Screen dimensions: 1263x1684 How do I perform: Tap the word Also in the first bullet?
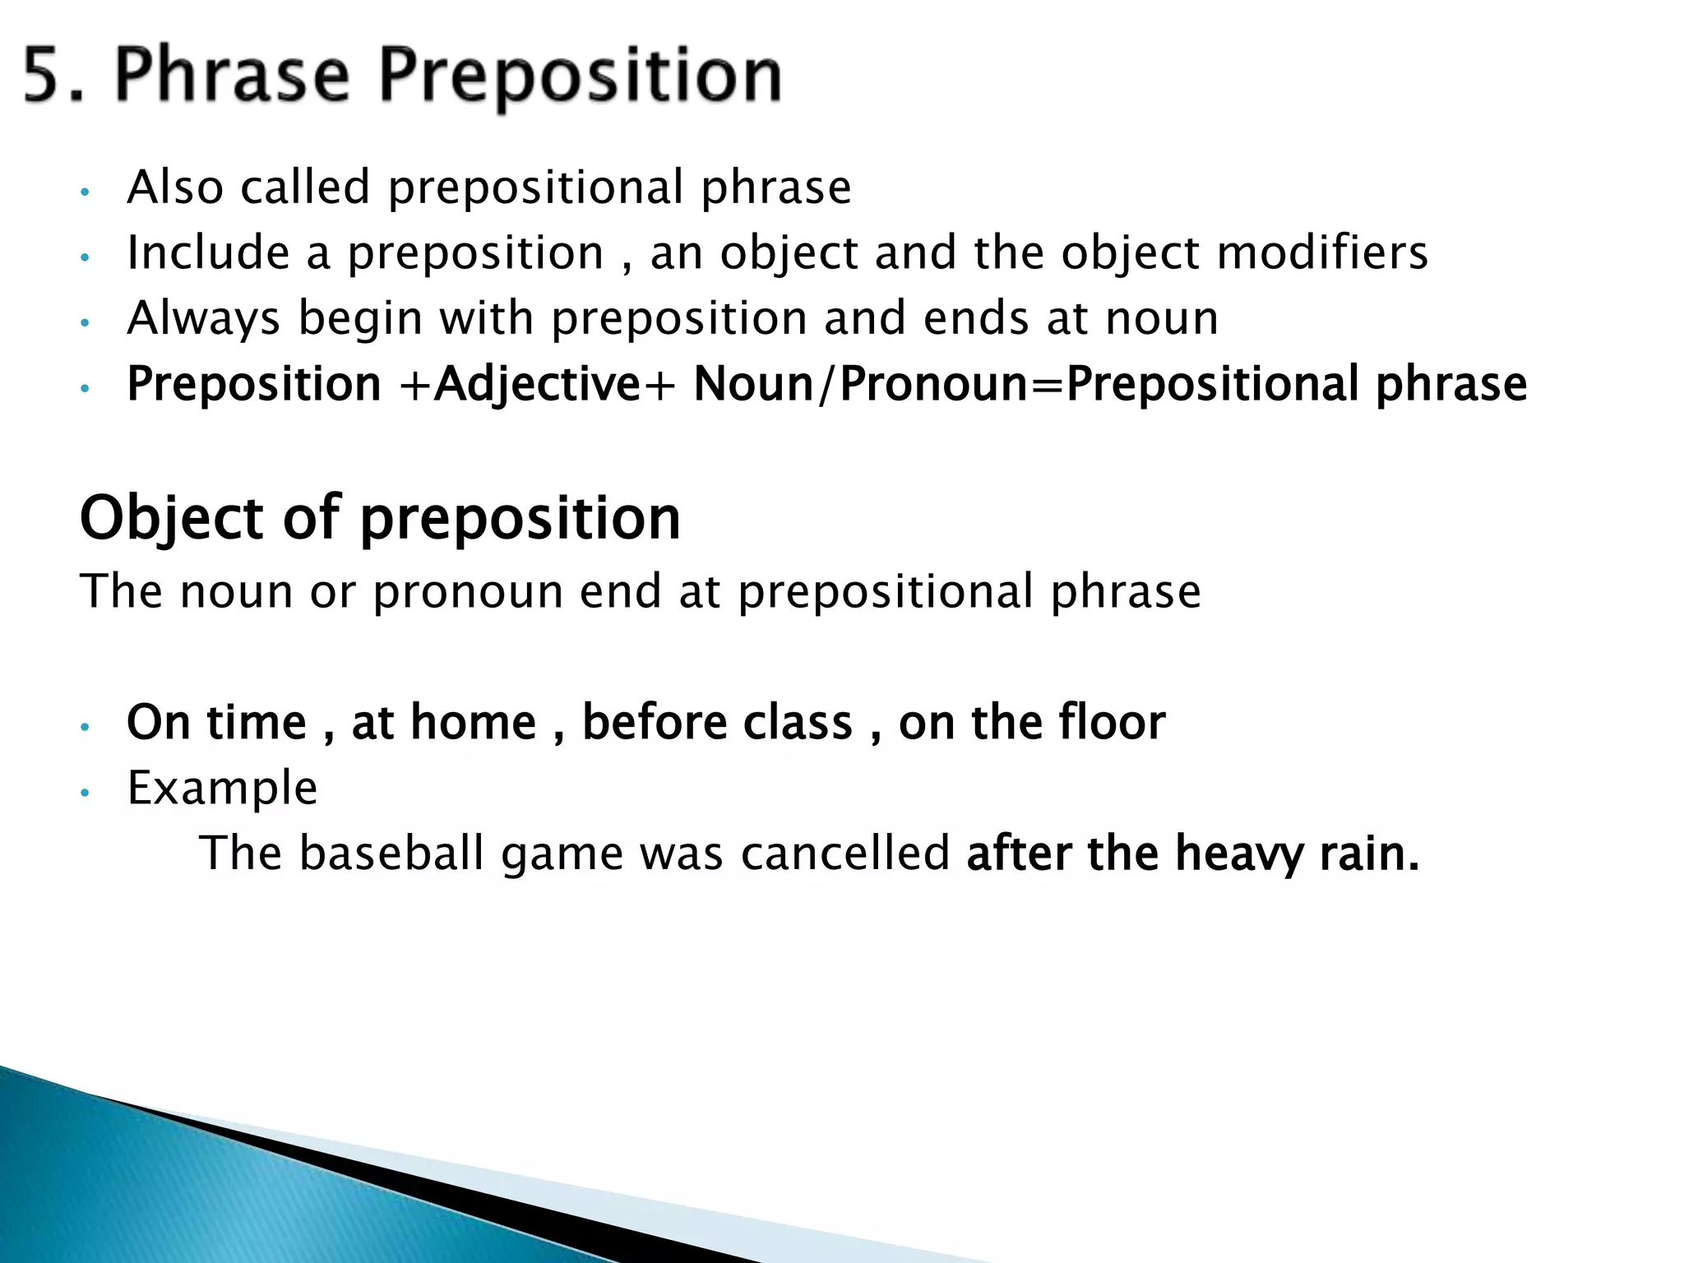(x=175, y=187)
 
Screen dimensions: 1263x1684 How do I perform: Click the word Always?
(x=203, y=319)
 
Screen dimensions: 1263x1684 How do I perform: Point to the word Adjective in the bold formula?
(x=537, y=385)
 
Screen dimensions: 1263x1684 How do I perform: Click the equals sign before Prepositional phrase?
(x=1047, y=385)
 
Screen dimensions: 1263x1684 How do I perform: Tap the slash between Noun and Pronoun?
(x=827, y=385)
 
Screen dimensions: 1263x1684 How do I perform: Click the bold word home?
(x=473, y=723)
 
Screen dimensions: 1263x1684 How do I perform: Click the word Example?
(x=222, y=789)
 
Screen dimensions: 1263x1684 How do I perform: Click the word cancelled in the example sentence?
(x=844, y=853)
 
